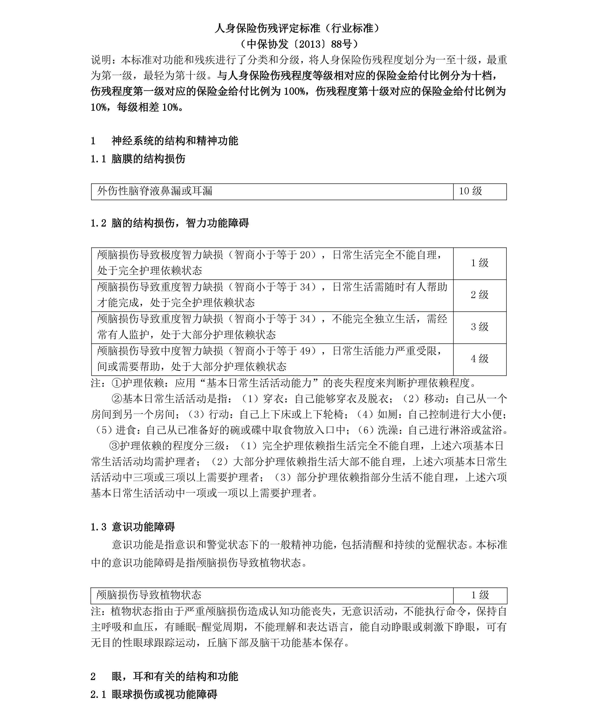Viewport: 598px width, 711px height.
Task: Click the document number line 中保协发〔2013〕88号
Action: (298, 44)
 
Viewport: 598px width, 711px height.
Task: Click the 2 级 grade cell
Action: (479, 295)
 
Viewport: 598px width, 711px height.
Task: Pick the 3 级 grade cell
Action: (479, 327)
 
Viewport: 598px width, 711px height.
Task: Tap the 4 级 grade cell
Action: (479, 359)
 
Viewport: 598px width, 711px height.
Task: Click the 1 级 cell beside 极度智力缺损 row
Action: (479, 263)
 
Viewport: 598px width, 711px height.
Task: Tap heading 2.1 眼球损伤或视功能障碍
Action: (154, 694)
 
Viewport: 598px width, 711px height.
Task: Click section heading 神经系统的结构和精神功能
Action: (175, 141)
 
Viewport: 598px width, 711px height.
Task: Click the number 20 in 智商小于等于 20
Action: (305, 255)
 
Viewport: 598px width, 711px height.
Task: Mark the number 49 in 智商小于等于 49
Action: (305, 351)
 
